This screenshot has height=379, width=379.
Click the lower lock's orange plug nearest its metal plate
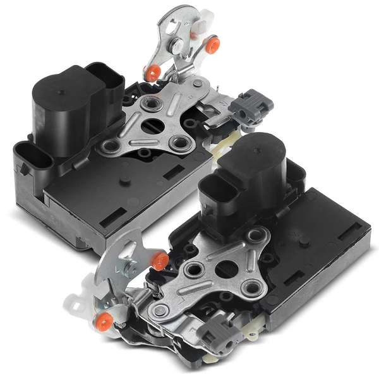coord(159,259)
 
